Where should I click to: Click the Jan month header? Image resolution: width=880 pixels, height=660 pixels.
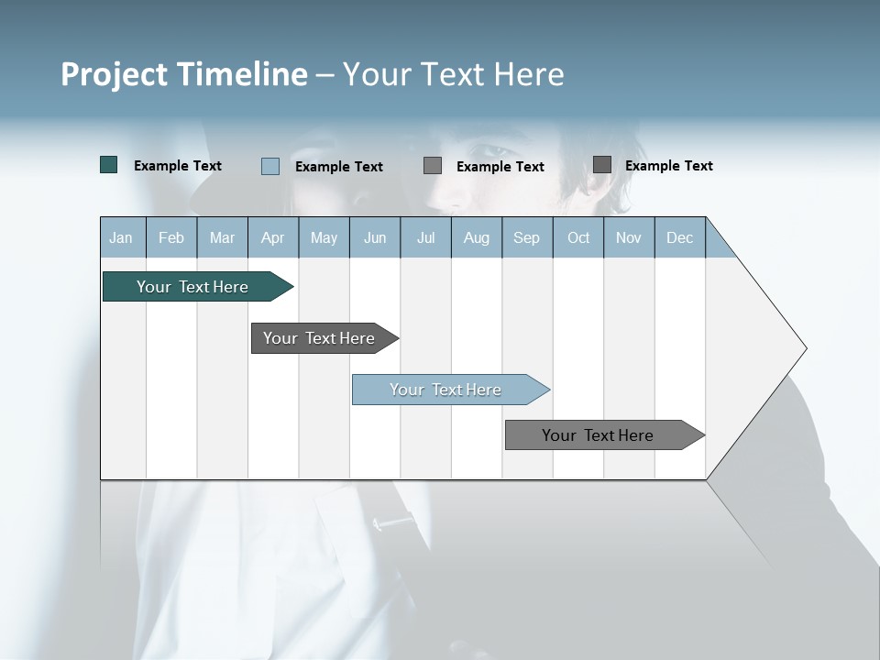pos(121,237)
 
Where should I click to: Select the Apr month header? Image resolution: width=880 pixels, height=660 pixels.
pos(272,237)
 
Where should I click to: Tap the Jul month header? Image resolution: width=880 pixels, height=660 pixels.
pos(425,237)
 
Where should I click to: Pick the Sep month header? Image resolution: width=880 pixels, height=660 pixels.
pos(526,237)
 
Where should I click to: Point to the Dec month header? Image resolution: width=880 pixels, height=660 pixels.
pos(679,237)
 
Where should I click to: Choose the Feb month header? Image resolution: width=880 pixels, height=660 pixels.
pos(171,237)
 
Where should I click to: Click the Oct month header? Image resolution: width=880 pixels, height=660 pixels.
pos(578,237)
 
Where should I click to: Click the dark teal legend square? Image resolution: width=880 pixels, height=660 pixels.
pos(109,165)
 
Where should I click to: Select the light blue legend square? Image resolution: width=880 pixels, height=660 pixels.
pos(270,166)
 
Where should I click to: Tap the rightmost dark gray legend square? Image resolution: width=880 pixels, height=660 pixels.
pos(602,165)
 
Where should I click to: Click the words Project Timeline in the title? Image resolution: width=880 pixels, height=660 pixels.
pos(183,74)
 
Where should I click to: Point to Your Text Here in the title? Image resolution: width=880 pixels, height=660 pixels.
pos(453,74)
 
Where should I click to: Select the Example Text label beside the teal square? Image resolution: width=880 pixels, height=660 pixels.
pos(178,166)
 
